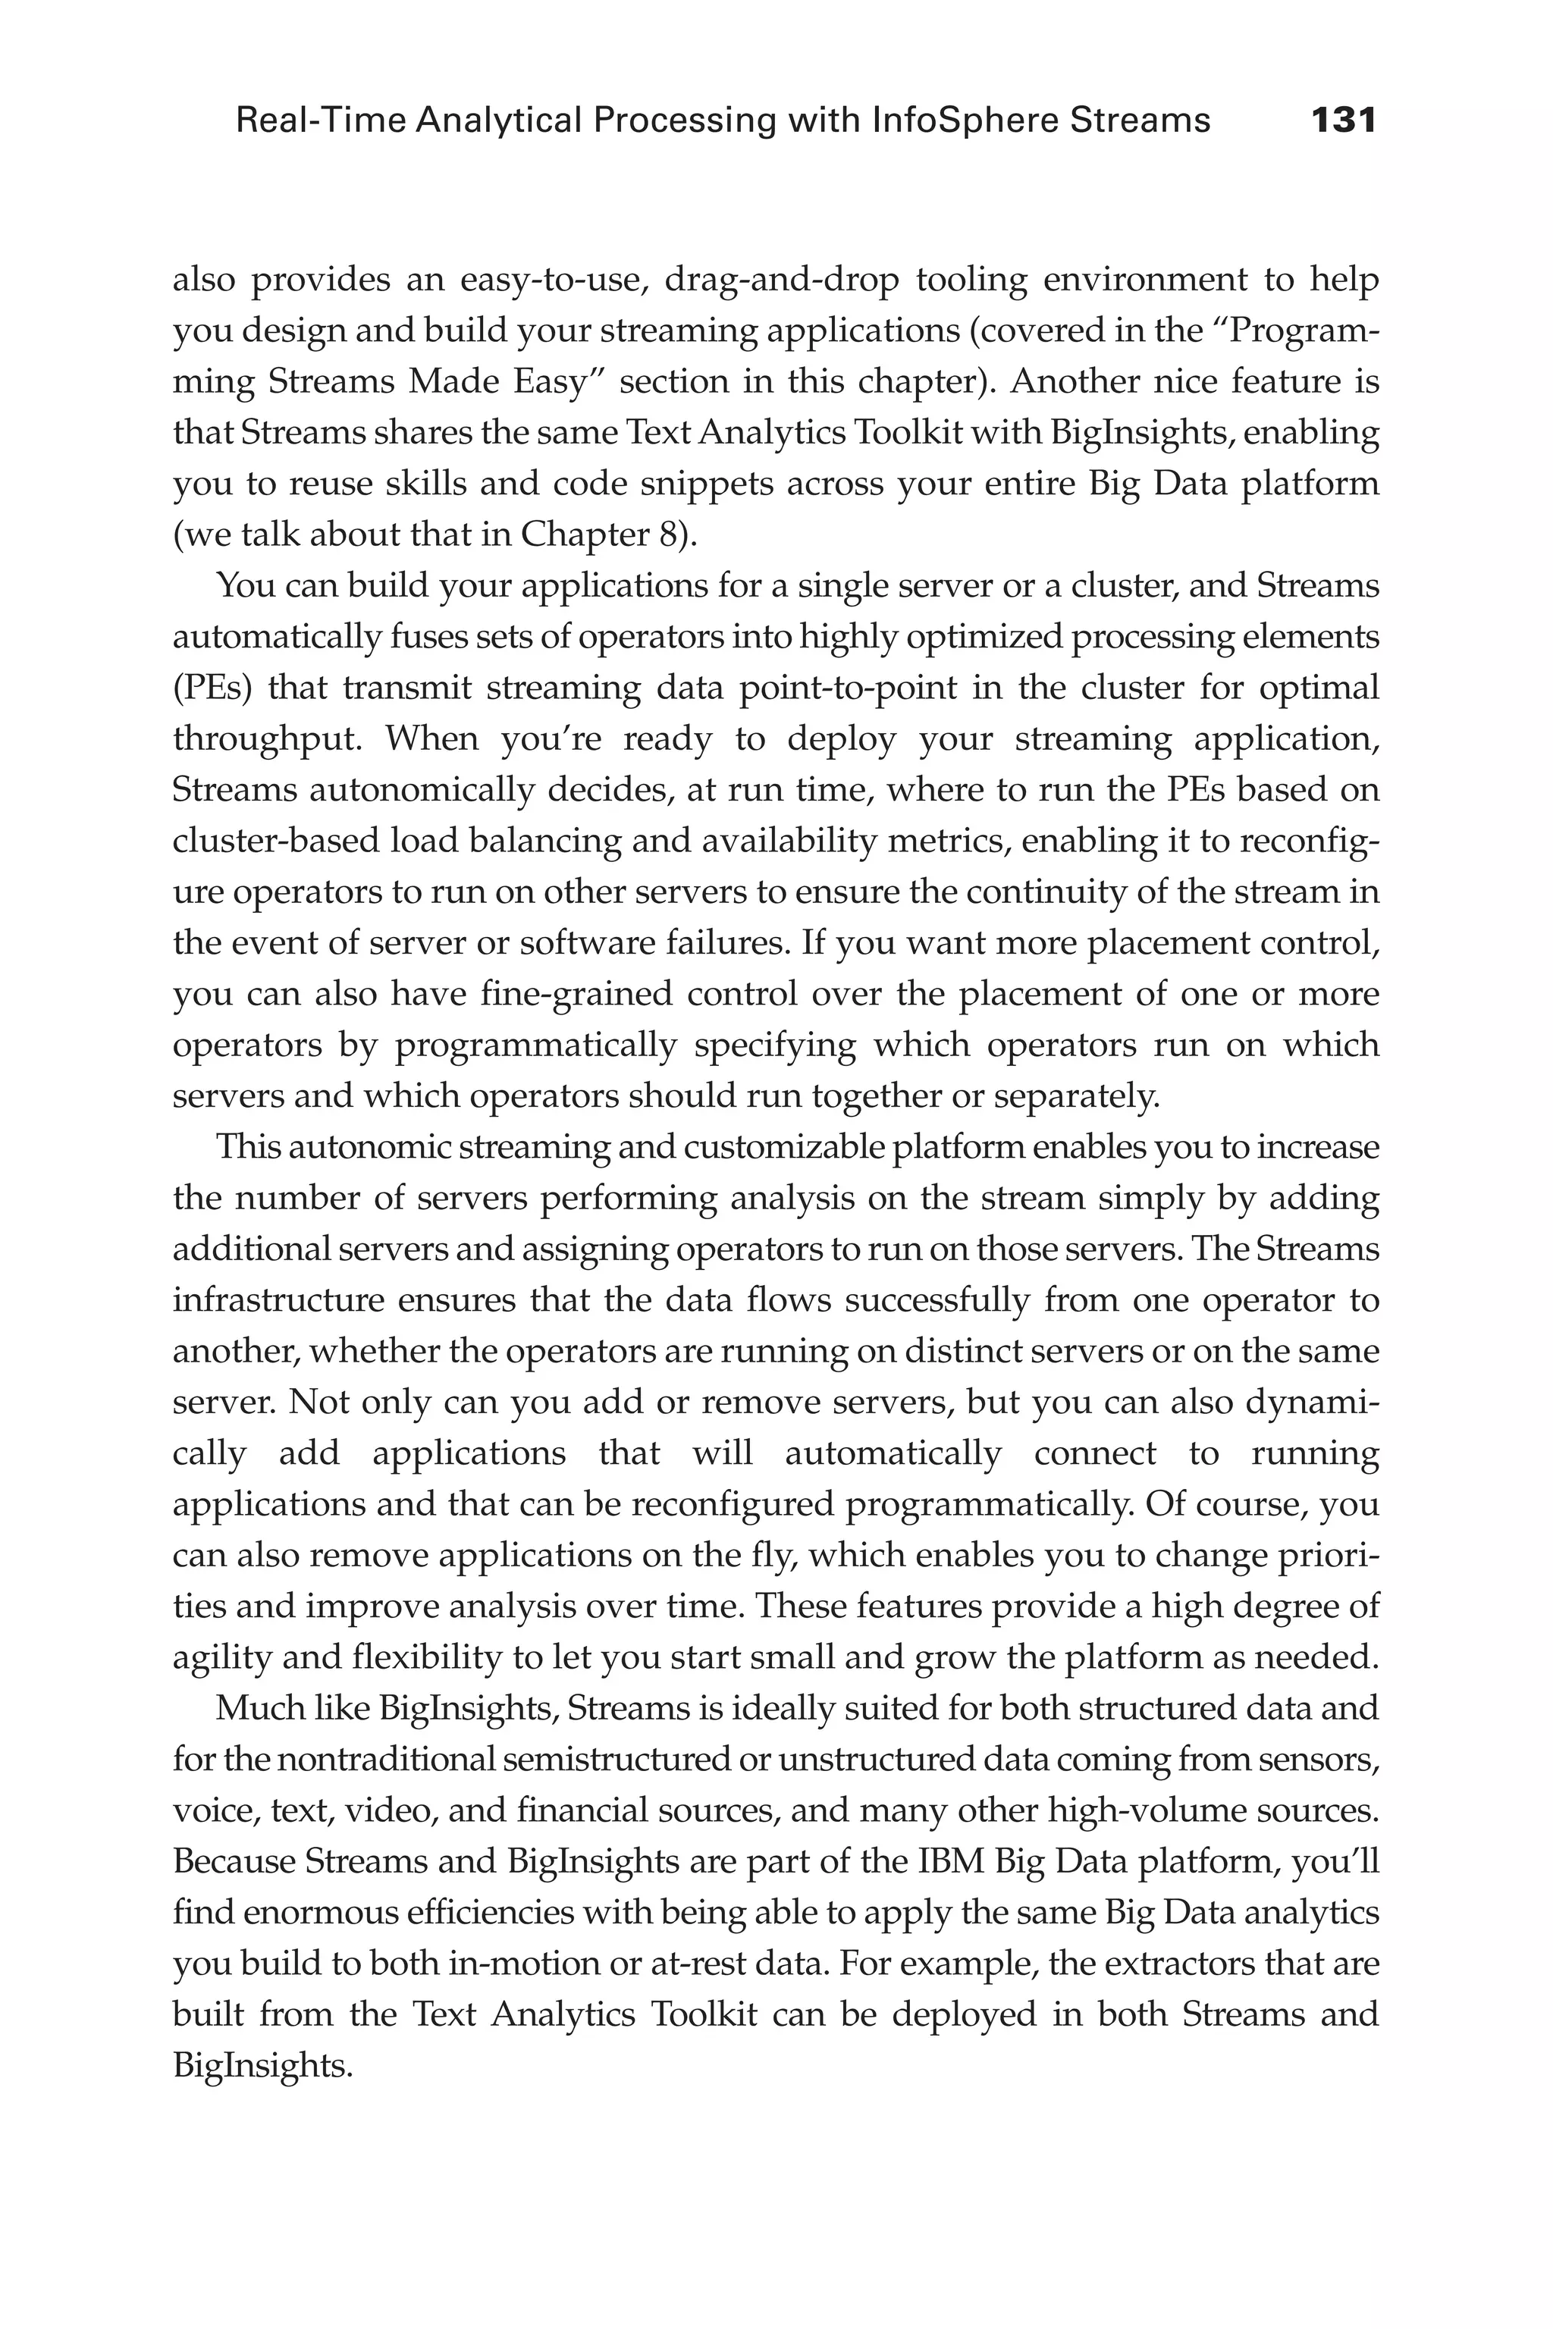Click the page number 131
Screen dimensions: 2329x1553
tap(1343, 121)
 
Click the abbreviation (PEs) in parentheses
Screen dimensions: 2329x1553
tap(211, 687)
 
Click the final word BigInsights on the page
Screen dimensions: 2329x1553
tap(262, 2066)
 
